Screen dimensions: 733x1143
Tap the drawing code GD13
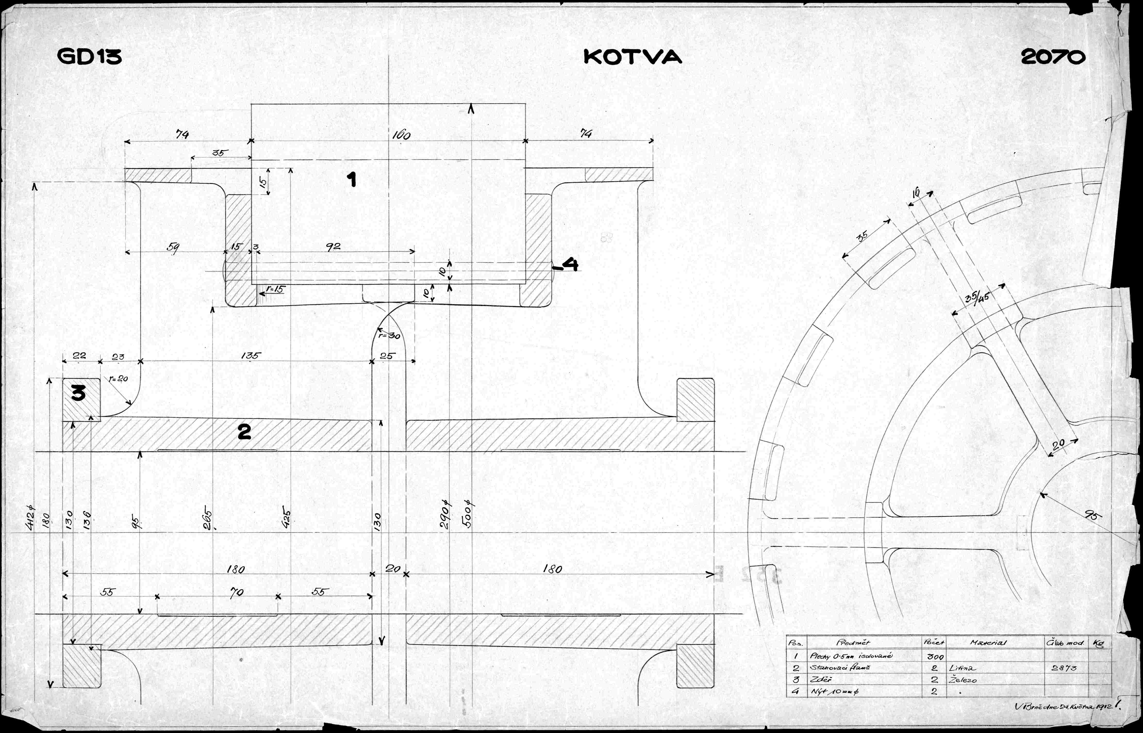89,57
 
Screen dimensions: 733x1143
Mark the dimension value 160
401,136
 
